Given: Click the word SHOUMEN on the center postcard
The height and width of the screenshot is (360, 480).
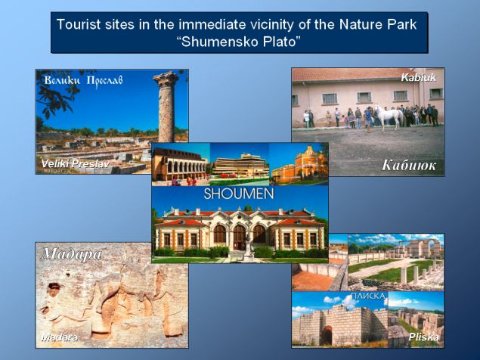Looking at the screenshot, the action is click(x=239, y=194).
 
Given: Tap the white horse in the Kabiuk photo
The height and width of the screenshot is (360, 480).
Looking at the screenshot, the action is click(x=387, y=116).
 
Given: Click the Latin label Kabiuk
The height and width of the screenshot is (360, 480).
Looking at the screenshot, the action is click(x=418, y=77).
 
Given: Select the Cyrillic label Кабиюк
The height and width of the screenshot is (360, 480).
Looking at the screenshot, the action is click(x=409, y=165).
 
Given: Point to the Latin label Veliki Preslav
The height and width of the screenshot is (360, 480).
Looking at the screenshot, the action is click(x=76, y=164).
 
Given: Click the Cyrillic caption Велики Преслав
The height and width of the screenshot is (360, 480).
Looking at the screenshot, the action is click(x=83, y=81).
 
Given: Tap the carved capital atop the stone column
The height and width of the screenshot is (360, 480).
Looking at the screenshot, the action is click(x=166, y=79).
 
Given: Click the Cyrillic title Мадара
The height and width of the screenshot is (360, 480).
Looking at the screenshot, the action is click(x=72, y=254).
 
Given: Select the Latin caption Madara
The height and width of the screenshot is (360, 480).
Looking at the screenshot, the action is click(x=59, y=337).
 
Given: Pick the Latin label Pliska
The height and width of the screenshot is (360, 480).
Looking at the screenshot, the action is click(x=423, y=337).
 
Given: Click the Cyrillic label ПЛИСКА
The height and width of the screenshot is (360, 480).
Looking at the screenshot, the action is click(x=368, y=296).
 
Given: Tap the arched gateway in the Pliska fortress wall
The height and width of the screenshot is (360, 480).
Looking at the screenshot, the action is click(x=327, y=335).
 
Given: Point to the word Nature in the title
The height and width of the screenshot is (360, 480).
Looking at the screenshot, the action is click(x=358, y=24).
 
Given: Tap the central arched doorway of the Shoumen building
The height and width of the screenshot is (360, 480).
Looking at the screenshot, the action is click(x=240, y=237).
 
